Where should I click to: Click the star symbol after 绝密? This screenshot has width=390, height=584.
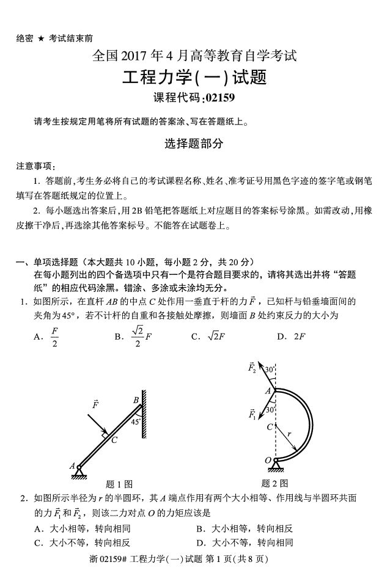(41, 38)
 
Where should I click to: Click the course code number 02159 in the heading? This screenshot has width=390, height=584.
(218, 98)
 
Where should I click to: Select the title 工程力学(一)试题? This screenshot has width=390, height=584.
(194, 78)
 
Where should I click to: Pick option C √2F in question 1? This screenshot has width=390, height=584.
(213, 336)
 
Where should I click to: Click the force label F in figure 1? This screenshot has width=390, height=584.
(95, 404)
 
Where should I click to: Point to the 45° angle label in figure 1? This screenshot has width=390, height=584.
(136, 421)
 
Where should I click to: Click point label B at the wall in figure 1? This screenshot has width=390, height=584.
(136, 400)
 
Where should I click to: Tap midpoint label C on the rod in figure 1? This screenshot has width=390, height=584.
(114, 440)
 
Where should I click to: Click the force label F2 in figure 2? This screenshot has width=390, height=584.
(251, 368)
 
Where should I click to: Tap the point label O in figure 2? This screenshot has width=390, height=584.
(268, 459)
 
